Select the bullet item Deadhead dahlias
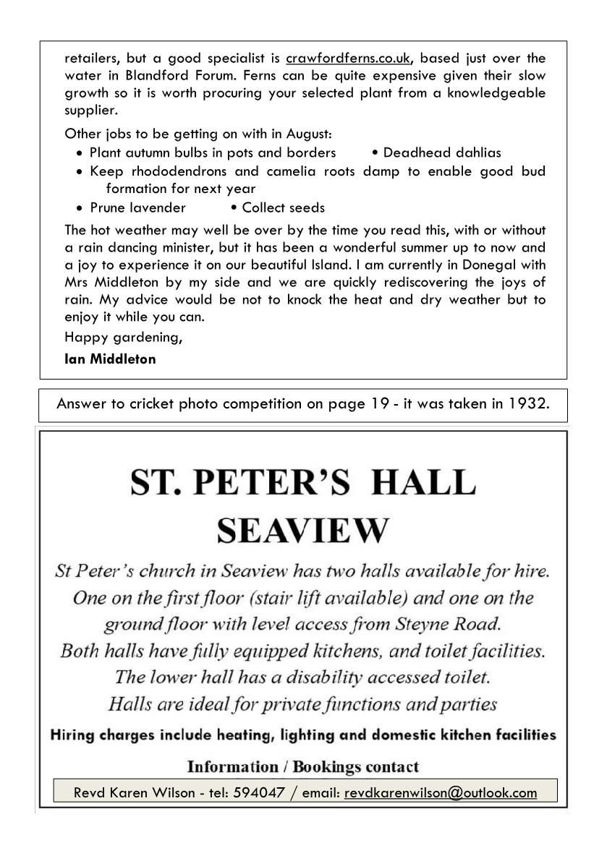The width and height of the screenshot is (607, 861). pos(441,153)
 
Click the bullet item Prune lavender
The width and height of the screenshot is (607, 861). pos(137,208)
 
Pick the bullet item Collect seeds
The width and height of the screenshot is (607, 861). pos(283,208)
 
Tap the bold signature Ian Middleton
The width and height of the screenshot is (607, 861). pos(110,359)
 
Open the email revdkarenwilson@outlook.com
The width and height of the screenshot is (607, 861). pos(441,792)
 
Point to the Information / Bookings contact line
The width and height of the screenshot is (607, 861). pos(302,766)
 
